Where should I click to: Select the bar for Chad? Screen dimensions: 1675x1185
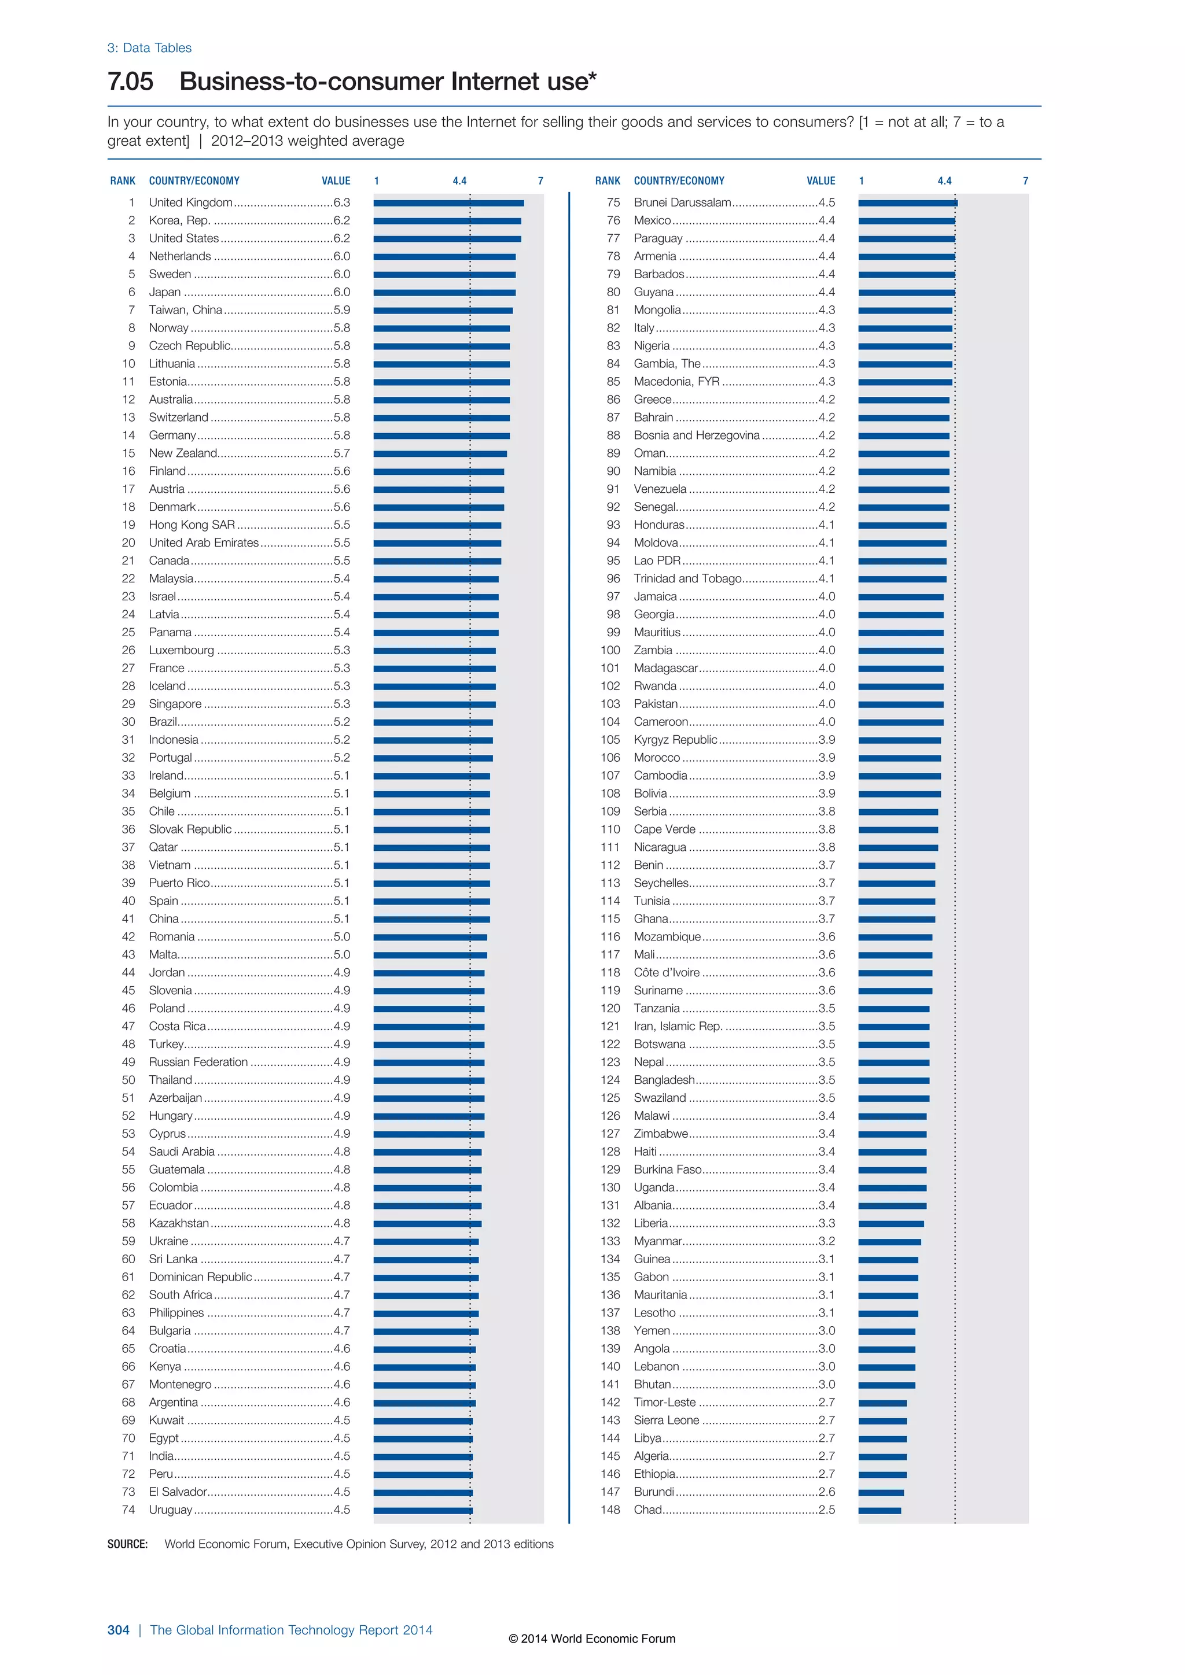pyautogui.click(x=879, y=1510)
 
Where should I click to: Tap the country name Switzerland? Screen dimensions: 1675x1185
pyautogui.click(x=178, y=417)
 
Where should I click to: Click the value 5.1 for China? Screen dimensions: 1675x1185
pyautogui.click(x=341, y=918)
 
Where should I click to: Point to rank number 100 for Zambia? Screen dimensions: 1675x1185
pyautogui.click(x=610, y=650)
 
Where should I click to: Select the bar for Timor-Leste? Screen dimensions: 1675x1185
pyautogui.click(x=882, y=1403)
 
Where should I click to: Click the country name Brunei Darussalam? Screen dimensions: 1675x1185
pyautogui.click(x=682, y=203)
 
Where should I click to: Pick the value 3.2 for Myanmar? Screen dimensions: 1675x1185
pyautogui.click(x=827, y=1241)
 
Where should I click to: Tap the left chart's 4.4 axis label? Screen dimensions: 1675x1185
pyautogui.click(x=459, y=181)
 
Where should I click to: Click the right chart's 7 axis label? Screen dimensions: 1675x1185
pyautogui.click(x=1025, y=181)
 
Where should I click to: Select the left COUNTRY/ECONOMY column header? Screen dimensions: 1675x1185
pyautogui.click(x=194, y=181)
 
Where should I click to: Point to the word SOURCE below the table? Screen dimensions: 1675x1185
pyautogui.click(x=127, y=1544)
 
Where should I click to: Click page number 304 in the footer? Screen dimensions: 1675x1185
pyautogui.click(x=118, y=1630)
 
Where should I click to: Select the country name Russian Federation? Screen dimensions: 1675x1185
pyautogui.click(x=198, y=1062)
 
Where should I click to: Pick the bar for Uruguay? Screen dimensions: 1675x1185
pyautogui.click(x=422, y=1510)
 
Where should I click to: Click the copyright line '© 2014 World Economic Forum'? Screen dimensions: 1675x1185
pyautogui.click(x=592, y=1639)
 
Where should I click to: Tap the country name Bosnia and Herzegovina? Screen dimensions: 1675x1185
pyautogui.click(x=696, y=436)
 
